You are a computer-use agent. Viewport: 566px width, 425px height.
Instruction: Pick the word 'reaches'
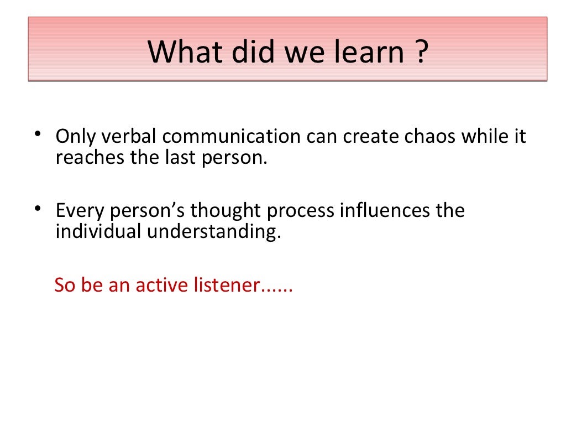pos(90,158)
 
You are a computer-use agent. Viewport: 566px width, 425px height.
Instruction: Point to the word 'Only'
pos(75,137)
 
